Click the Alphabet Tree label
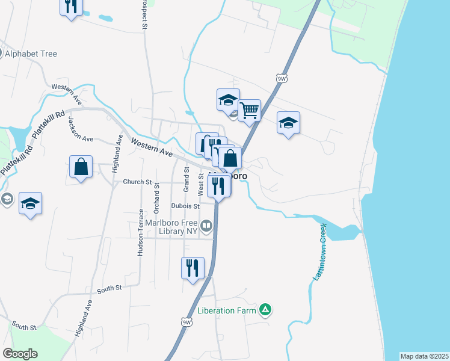tap(31, 54)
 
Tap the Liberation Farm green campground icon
tap(265, 311)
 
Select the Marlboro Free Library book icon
tap(206, 226)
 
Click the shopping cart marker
tap(248, 110)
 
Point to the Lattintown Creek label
tap(318, 253)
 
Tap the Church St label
tap(137, 182)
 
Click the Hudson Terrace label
tap(140, 233)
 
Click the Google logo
tap(20, 354)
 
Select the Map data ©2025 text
tap(424, 356)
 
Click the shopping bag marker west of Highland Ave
tap(81, 166)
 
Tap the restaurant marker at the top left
tap(71, 7)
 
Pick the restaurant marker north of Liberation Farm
tap(193, 267)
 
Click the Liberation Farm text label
tap(227, 312)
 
